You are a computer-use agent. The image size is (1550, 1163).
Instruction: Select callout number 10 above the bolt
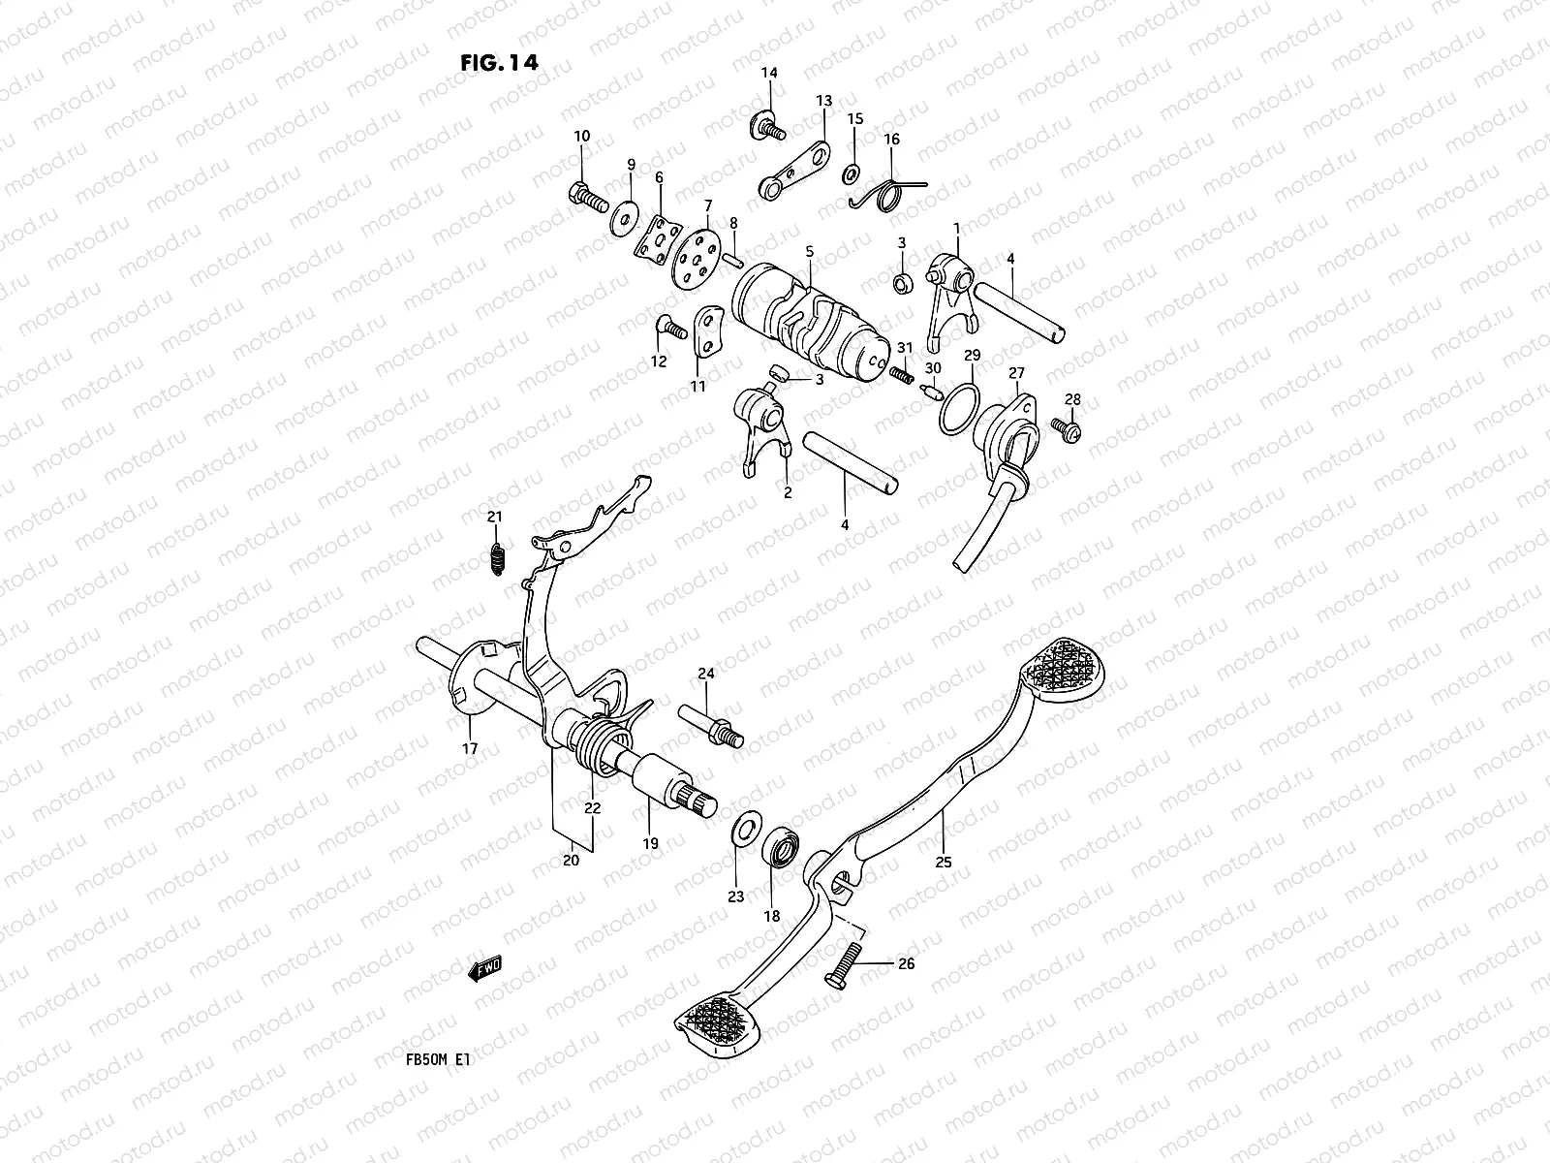(581, 137)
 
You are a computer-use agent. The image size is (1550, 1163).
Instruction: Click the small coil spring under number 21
(495, 558)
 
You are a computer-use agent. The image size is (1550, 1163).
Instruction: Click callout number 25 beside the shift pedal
(944, 862)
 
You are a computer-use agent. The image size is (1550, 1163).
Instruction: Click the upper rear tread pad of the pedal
(1069, 667)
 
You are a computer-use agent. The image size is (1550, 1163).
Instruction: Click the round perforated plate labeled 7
(694, 256)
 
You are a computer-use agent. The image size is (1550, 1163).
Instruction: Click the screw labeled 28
(1069, 425)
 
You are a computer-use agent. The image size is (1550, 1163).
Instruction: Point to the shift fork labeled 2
(762, 428)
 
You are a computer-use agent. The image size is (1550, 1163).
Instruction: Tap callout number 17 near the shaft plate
(470, 748)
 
